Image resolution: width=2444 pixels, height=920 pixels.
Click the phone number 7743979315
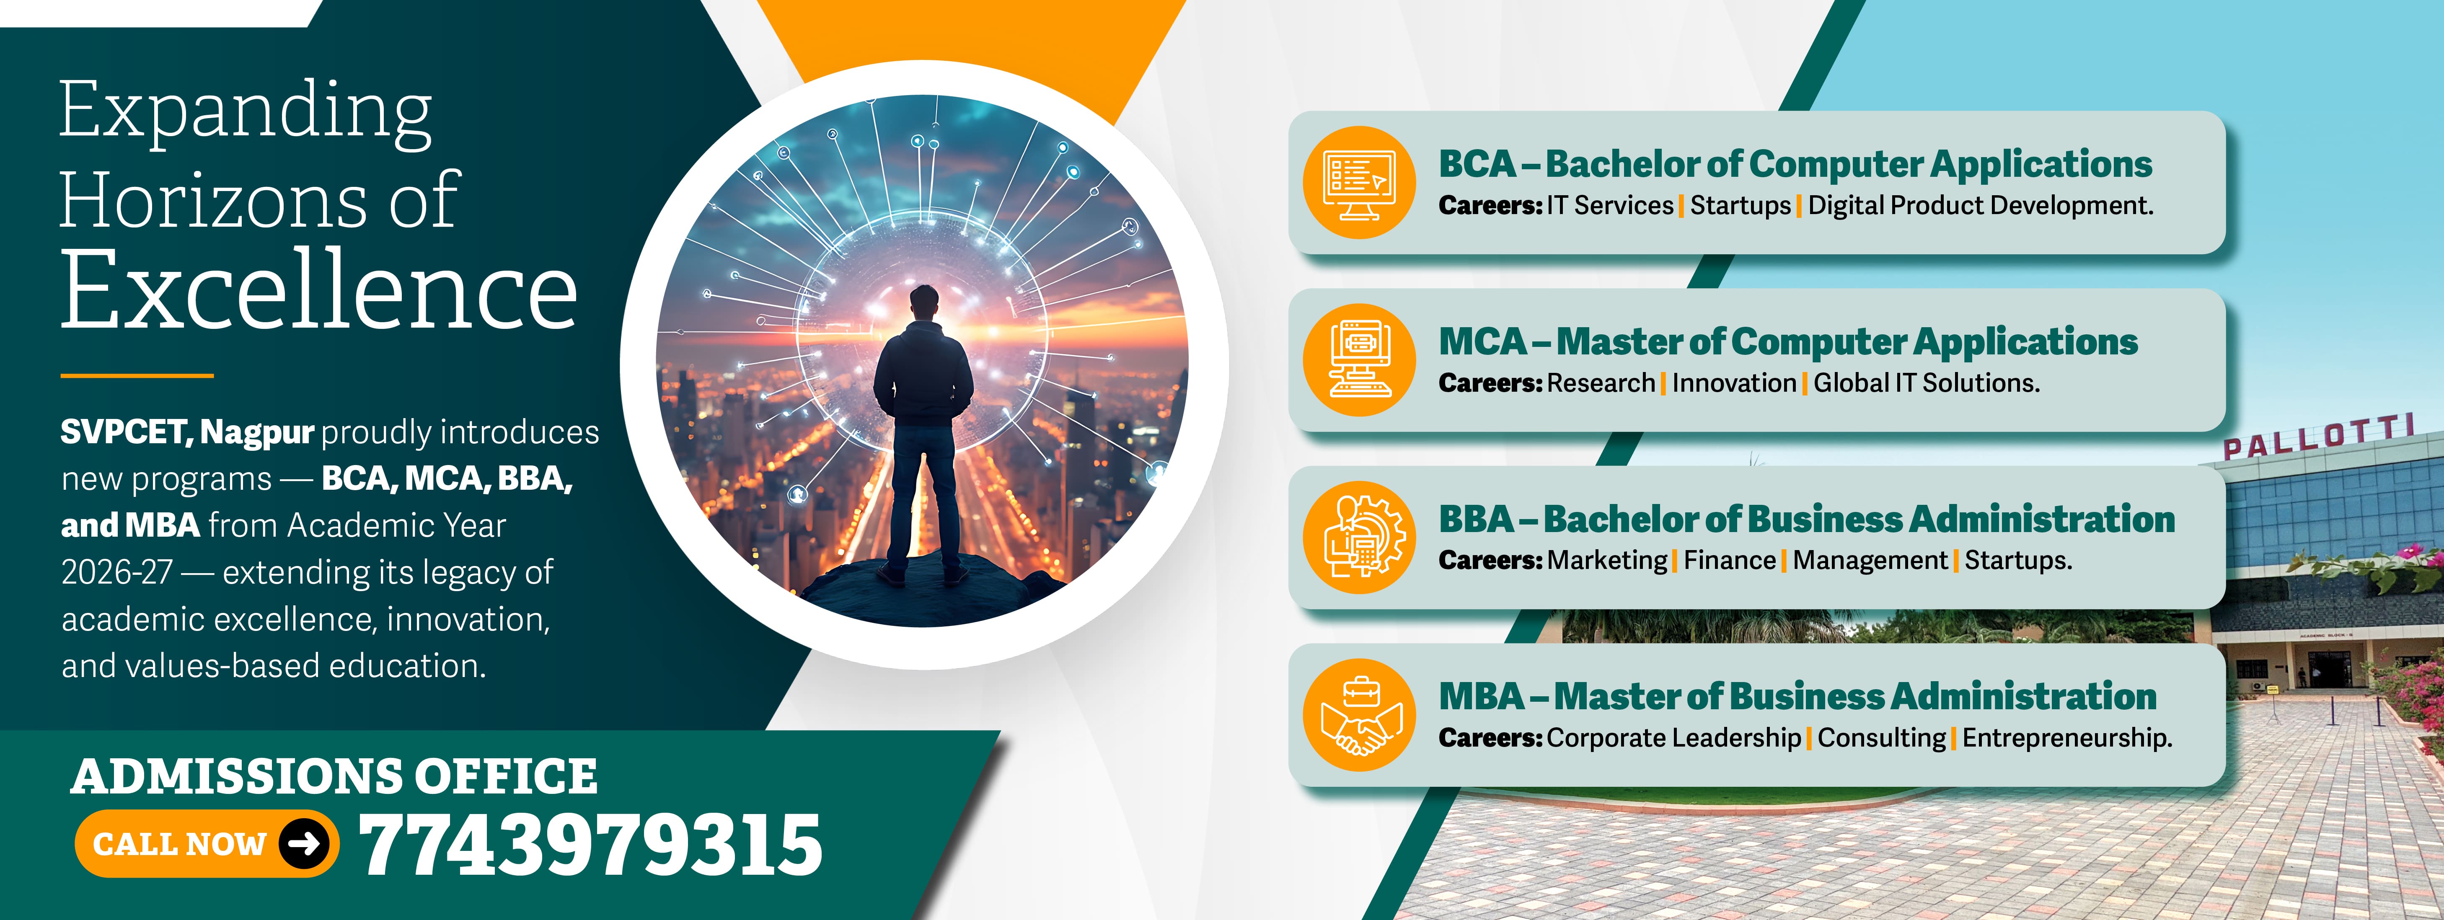pyautogui.click(x=590, y=844)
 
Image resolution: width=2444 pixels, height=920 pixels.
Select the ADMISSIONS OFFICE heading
pyautogui.click(x=334, y=776)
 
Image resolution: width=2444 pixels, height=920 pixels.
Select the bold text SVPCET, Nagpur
pyautogui.click(x=187, y=432)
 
